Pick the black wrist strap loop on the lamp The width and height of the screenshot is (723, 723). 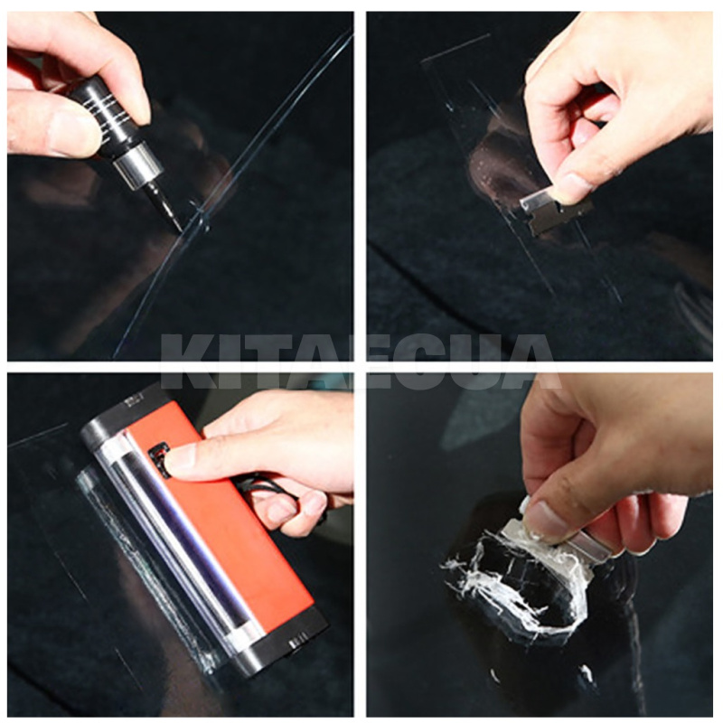267,493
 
